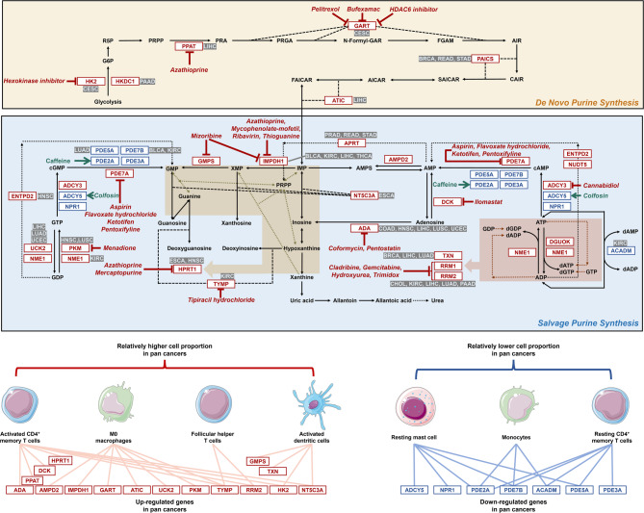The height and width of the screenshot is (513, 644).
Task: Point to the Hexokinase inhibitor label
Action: (x=38, y=82)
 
